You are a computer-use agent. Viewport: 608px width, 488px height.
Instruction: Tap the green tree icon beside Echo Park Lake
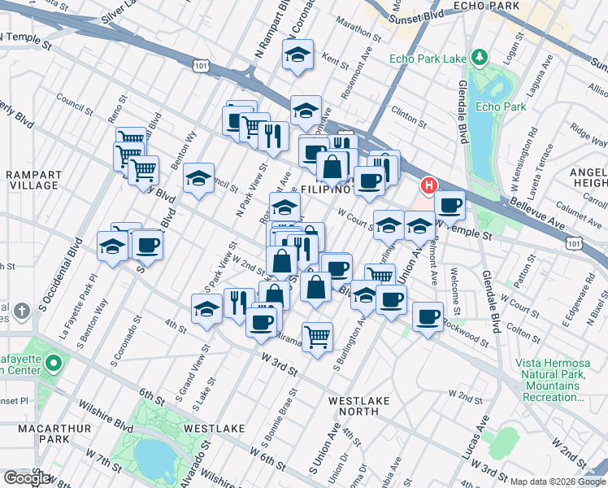480,57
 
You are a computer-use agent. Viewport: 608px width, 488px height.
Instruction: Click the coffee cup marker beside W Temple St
449,206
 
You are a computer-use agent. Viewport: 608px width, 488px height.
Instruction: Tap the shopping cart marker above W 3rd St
317,334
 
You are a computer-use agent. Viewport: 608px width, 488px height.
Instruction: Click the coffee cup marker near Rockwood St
428,317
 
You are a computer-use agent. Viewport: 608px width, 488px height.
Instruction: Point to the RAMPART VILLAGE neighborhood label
31,180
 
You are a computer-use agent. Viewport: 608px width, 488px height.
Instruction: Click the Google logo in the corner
26,478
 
